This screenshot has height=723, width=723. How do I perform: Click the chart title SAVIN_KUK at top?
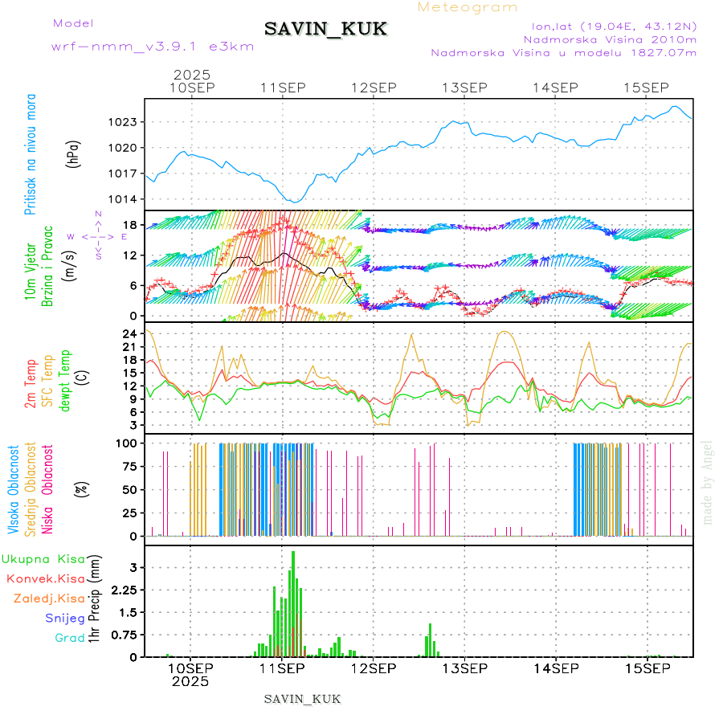click(325, 30)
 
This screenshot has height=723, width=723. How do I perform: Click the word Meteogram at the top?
click(468, 7)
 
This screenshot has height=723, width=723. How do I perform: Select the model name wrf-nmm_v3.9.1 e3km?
click(153, 47)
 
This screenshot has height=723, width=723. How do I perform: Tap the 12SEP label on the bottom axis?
click(373, 668)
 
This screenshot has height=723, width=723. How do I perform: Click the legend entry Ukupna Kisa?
click(43, 558)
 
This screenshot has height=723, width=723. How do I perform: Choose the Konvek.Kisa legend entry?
click(45, 578)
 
